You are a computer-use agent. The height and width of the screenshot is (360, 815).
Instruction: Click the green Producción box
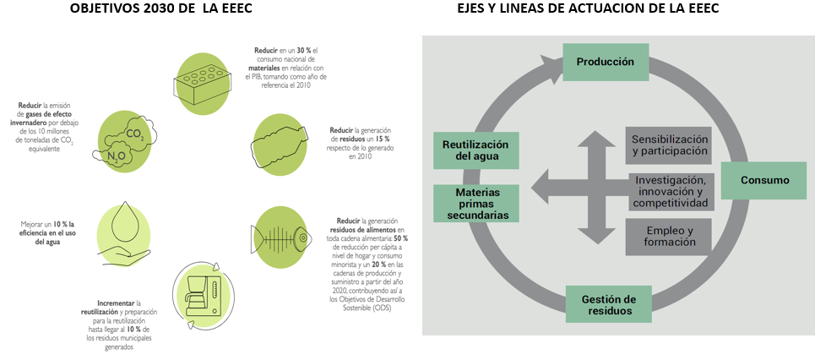click(x=605, y=63)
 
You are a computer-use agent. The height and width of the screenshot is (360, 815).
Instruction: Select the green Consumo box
click(x=764, y=180)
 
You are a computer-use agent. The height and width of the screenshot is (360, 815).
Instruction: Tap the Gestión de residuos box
click(x=608, y=305)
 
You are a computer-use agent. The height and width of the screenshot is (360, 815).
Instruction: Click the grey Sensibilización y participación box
click(x=669, y=145)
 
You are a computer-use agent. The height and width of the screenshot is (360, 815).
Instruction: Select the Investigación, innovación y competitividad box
click(x=670, y=192)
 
